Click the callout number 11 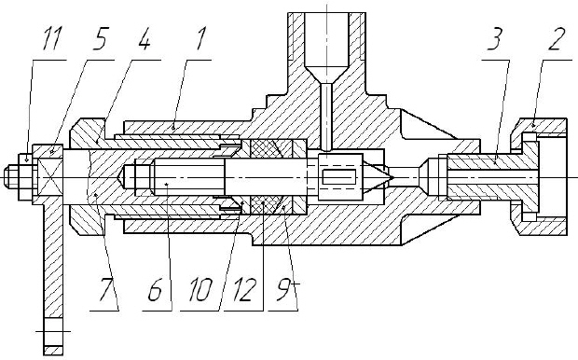coord(51,37)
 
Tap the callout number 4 coord(144,37)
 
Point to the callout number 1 coord(200,37)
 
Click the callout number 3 coord(495,37)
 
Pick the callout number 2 coord(556,37)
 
